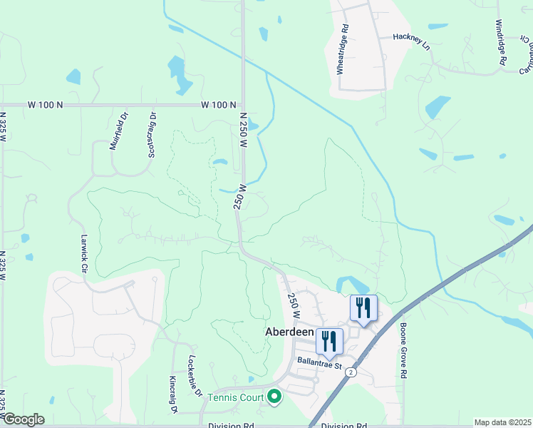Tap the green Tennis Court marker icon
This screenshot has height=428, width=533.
[x=274, y=396]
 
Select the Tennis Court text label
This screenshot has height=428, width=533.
[x=236, y=397]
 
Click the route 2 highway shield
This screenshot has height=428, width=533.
[x=352, y=372]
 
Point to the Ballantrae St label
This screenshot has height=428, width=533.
[x=321, y=364]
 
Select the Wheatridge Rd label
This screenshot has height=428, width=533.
[x=343, y=50]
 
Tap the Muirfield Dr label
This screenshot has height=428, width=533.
[x=119, y=131]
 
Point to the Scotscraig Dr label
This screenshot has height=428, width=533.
[x=151, y=134]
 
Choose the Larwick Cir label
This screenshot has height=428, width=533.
[x=84, y=255]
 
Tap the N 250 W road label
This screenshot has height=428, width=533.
[x=243, y=129]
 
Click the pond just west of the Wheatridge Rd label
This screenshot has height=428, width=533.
[x=264, y=34]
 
